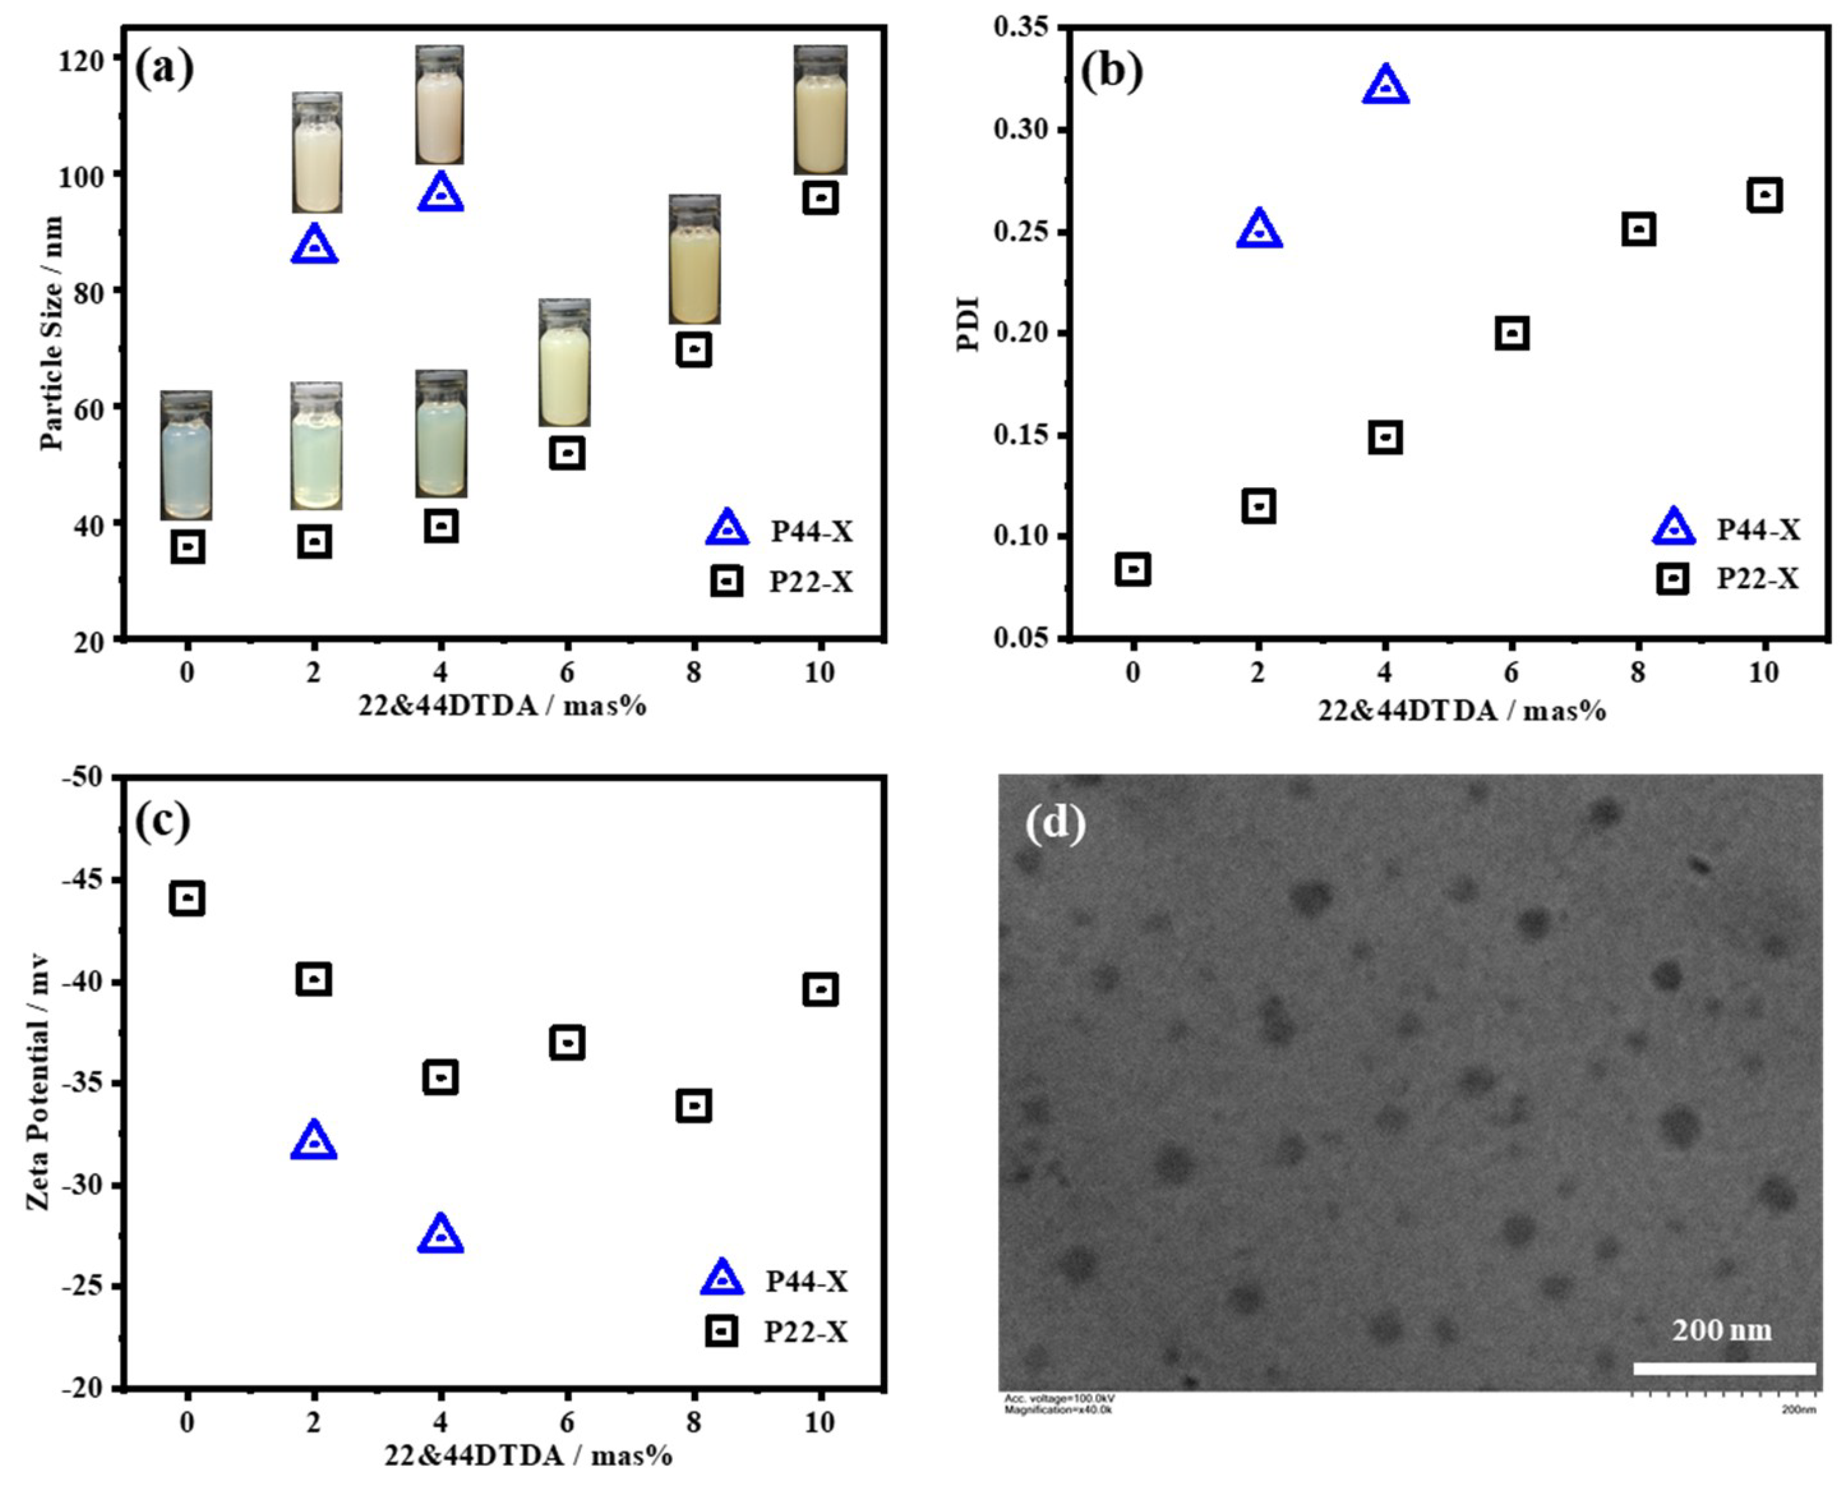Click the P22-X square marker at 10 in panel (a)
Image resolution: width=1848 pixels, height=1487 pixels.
(x=820, y=198)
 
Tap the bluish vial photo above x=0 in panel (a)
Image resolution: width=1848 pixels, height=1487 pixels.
(x=186, y=455)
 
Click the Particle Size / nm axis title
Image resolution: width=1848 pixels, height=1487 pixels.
(x=52, y=333)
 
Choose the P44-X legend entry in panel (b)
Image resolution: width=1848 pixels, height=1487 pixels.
(x=1725, y=529)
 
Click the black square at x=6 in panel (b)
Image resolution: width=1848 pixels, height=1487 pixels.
(x=1512, y=333)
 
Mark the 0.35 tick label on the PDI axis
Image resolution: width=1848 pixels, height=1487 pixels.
(x=1021, y=27)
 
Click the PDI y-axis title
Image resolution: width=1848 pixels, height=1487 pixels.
(x=968, y=324)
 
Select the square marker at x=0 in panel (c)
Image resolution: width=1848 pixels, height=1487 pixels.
(x=188, y=898)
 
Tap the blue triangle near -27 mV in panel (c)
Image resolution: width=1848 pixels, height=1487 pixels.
(x=440, y=1235)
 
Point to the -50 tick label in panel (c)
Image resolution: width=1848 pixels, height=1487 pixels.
(x=82, y=777)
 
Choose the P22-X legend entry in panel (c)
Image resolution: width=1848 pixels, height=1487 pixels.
(x=776, y=1332)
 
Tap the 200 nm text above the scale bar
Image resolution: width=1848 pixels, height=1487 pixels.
(x=1721, y=1329)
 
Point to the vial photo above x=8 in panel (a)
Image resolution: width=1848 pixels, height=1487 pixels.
(x=695, y=259)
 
